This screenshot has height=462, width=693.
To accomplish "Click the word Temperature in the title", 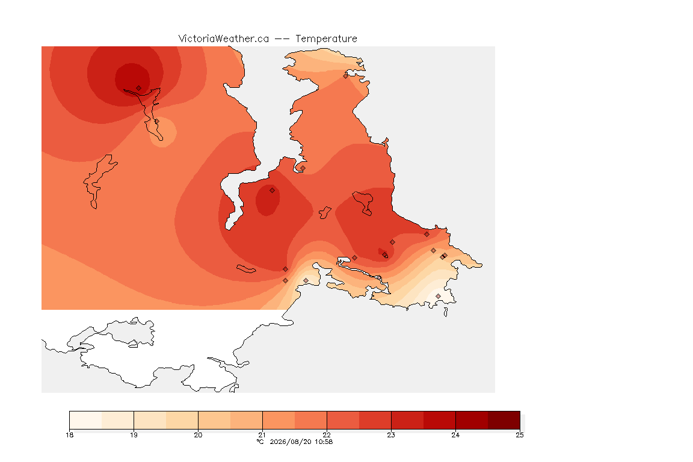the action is [x=326, y=39].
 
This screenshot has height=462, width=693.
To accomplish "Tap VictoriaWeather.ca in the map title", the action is [x=224, y=39].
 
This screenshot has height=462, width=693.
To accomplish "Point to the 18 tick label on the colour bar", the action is [x=69, y=435].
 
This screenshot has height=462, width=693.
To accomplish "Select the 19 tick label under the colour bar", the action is [x=134, y=435].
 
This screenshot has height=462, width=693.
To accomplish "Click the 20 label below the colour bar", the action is [x=198, y=435].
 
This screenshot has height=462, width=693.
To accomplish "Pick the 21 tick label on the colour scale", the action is [x=262, y=435].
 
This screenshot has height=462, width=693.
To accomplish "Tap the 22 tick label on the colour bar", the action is [x=327, y=435].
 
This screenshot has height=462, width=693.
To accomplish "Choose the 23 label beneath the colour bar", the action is [x=391, y=435].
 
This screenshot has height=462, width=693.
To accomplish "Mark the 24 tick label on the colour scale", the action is [x=455, y=435].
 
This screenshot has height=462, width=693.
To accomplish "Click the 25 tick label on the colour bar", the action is [x=520, y=435].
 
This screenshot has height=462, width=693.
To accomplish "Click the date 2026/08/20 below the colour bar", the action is [x=291, y=442].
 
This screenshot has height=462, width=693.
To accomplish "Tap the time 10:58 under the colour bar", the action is [x=324, y=442].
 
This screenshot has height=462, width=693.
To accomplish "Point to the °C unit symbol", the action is [x=260, y=442].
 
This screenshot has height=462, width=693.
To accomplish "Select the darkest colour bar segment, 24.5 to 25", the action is [x=504, y=420].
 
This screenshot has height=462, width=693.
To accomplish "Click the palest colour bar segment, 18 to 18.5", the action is [x=86, y=420].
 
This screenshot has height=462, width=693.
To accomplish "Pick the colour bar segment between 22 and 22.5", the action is [x=343, y=420].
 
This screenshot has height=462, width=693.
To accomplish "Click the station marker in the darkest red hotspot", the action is [x=139, y=88].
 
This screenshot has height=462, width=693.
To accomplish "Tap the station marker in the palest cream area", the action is [x=438, y=296].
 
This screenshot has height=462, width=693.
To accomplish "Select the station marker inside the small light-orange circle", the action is [x=156, y=121].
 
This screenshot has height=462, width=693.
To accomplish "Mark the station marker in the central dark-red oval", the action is [x=273, y=191].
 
